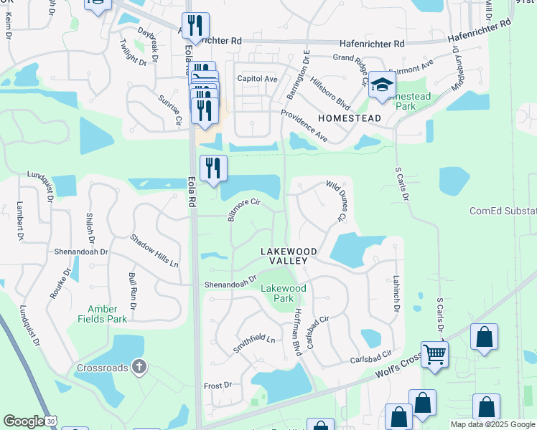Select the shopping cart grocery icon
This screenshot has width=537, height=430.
tap(434, 354)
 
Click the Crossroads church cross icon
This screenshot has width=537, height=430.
tap(139, 368)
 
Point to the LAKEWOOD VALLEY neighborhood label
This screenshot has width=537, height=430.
tap(284, 256)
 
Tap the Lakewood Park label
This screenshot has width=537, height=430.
tap(283, 293)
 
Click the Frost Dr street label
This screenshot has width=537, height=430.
tap(218, 385)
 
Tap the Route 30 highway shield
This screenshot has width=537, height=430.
tap(50, 422)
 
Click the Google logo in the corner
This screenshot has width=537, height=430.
tap(23, 421)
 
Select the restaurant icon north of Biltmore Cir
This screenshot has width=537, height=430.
tap(213, 168)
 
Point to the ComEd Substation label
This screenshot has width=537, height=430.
tap(503, 211)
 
